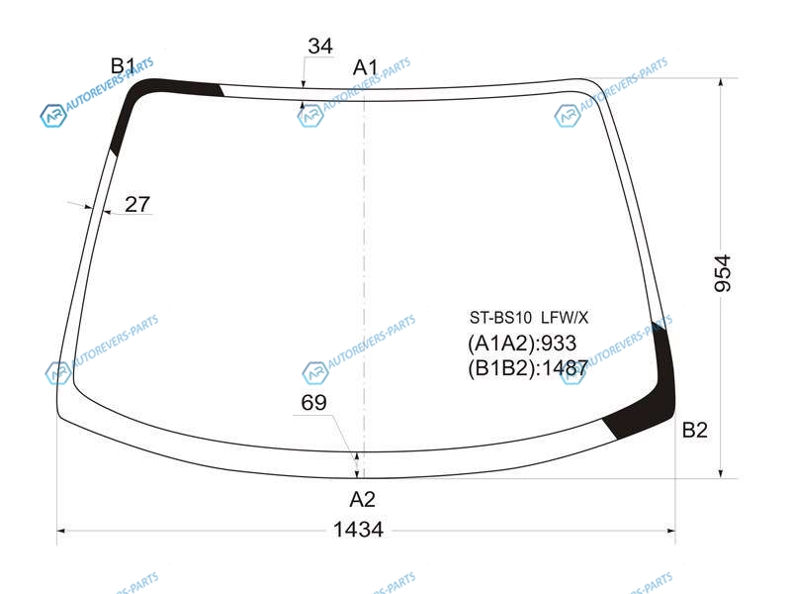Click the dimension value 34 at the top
coord(320,46)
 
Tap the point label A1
coord(365,67)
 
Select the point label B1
coord(123,65)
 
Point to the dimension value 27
coord(137,204)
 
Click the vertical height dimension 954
coord(723,273)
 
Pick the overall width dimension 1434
coord(358,530)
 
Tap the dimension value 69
coord(313,403)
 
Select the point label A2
coord(362,499)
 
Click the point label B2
coord(695,430)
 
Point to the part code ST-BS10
coord(500,318)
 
